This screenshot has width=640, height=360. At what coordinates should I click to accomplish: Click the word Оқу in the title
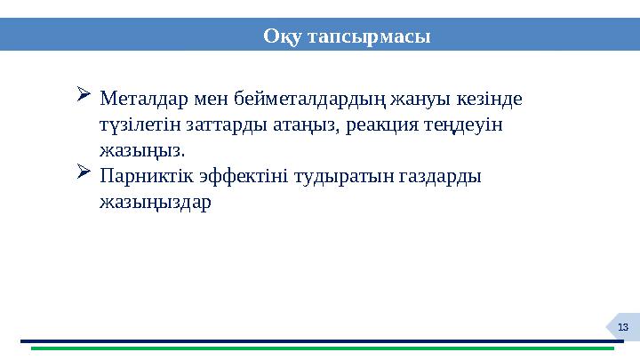(x=284, y=36)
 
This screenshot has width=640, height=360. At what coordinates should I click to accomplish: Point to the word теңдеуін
(x=468, y=124)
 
